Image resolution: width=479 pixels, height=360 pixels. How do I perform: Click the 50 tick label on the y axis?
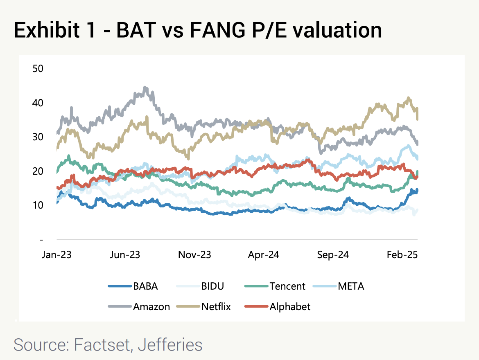pos(38,68)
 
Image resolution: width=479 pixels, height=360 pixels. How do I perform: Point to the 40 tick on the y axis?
pos(38,103)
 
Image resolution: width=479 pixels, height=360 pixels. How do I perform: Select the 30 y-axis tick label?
pos(38,137)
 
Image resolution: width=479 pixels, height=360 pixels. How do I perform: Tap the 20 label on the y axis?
pos(38,171)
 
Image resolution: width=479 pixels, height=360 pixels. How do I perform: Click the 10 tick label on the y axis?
pos(38,205)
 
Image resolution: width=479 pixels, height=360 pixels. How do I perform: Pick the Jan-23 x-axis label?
pos(56,254)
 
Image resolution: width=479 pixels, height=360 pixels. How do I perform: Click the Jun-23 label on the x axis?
pos(125,254)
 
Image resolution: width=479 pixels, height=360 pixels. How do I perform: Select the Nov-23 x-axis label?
pos(194,254)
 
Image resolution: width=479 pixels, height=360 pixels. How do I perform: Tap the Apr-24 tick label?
pos(264,254)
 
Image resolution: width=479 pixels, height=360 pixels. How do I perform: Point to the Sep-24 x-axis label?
pos(333,254)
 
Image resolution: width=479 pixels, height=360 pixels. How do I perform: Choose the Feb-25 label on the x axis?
pos(402,254)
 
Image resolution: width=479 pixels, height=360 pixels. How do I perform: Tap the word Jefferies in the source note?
pos(170,344)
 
